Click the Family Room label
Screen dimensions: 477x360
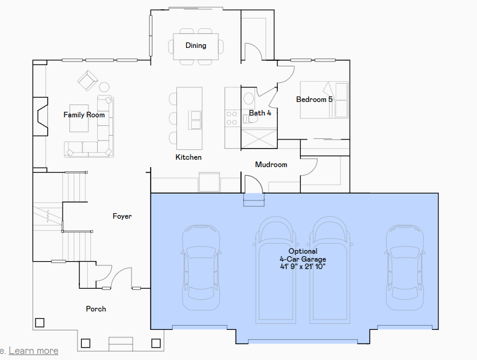(x=84, y=115)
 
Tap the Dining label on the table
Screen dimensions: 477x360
(x=196, y=45)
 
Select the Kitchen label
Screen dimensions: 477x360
(x=188, y=157)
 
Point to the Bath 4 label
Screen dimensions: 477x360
(x=260, y=113)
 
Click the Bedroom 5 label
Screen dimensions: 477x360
(x=314, y=100)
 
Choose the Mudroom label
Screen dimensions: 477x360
(x=271, y=165)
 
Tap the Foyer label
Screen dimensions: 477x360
(x=122, y=216)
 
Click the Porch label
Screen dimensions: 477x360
(x=96, y=309)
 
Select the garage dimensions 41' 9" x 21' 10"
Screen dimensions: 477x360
(x=303, y=267)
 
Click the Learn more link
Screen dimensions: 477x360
(x=33, y=351)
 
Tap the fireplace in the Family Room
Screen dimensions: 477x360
(x=41, y=117)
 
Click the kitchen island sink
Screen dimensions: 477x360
(x=195, y=120)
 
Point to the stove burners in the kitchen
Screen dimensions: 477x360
(x=232, y=118)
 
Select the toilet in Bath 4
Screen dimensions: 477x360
(x=250, y=119)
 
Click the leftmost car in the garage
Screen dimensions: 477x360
(x=201, y=268)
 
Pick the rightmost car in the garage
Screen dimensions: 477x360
(x=405, y=268)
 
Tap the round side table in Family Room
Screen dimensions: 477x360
(x=104, y=87)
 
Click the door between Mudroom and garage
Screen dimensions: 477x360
(x=254, y=184)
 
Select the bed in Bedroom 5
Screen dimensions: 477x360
(x=324, y=100)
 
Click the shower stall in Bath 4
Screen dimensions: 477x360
(x=259, y=139)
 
